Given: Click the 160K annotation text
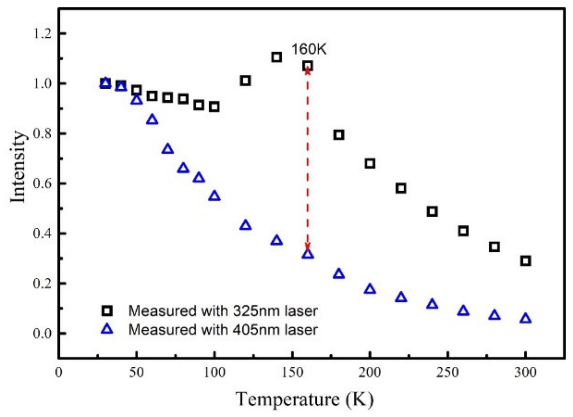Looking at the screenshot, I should (x=309, y=50).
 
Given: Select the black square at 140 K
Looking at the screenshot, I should (x=277, y=57).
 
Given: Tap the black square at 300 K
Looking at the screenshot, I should (x=525, y=261).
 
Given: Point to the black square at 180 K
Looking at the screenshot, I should (x=339, y=135).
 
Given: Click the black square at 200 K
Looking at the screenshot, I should (x=370, y=164).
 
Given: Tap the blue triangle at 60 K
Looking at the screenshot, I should (x=152, y=120).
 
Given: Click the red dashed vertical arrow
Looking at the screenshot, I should (x=308, y=160).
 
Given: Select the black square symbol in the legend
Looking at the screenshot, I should (x=107, y=311).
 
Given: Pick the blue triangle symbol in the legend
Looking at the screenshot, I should (x=107, y=329).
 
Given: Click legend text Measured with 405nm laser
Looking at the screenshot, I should (x=223, y=330).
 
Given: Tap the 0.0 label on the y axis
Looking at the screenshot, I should (x=42, y=333).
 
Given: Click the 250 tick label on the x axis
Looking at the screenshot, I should (x=447, y=373).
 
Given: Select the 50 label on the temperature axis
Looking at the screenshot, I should (x=136, y=373).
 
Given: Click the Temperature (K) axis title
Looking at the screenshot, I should (x=304, y=399).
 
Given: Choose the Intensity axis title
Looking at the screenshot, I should (x=18, y=166).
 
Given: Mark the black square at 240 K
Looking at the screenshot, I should (x=432, y=212).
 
